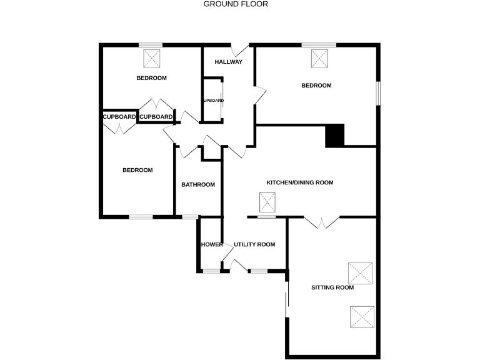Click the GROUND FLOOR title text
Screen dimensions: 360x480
coord(236,4)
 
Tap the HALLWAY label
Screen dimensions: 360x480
coord(228,62)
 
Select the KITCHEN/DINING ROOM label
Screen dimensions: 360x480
coord(300,182)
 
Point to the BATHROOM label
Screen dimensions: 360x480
coord(198,184)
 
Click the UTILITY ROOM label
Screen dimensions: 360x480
coord(254,244)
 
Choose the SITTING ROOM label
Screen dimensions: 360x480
coord(332,287)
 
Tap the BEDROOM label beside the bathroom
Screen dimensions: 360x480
coord(137,170)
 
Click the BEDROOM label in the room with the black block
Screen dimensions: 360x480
coord(316,86)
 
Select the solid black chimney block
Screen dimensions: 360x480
coord(335,135)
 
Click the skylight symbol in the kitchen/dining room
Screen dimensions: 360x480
coord(268,202)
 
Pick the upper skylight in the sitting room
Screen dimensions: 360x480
coord(361,272)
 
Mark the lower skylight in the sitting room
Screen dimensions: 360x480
coord(362,317)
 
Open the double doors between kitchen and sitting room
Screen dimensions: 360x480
coord(321,222)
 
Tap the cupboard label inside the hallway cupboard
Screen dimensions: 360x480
coord(212,100)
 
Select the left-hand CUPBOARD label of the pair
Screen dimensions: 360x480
coord(119,117)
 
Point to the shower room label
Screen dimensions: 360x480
coord(211,244)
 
